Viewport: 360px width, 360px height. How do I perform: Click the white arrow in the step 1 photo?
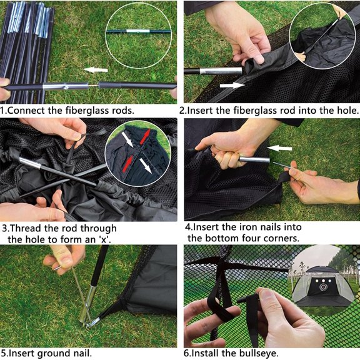[95, 70]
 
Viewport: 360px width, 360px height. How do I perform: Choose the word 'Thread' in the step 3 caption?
[26, 227]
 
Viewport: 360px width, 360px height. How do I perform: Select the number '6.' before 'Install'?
[188, 354]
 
